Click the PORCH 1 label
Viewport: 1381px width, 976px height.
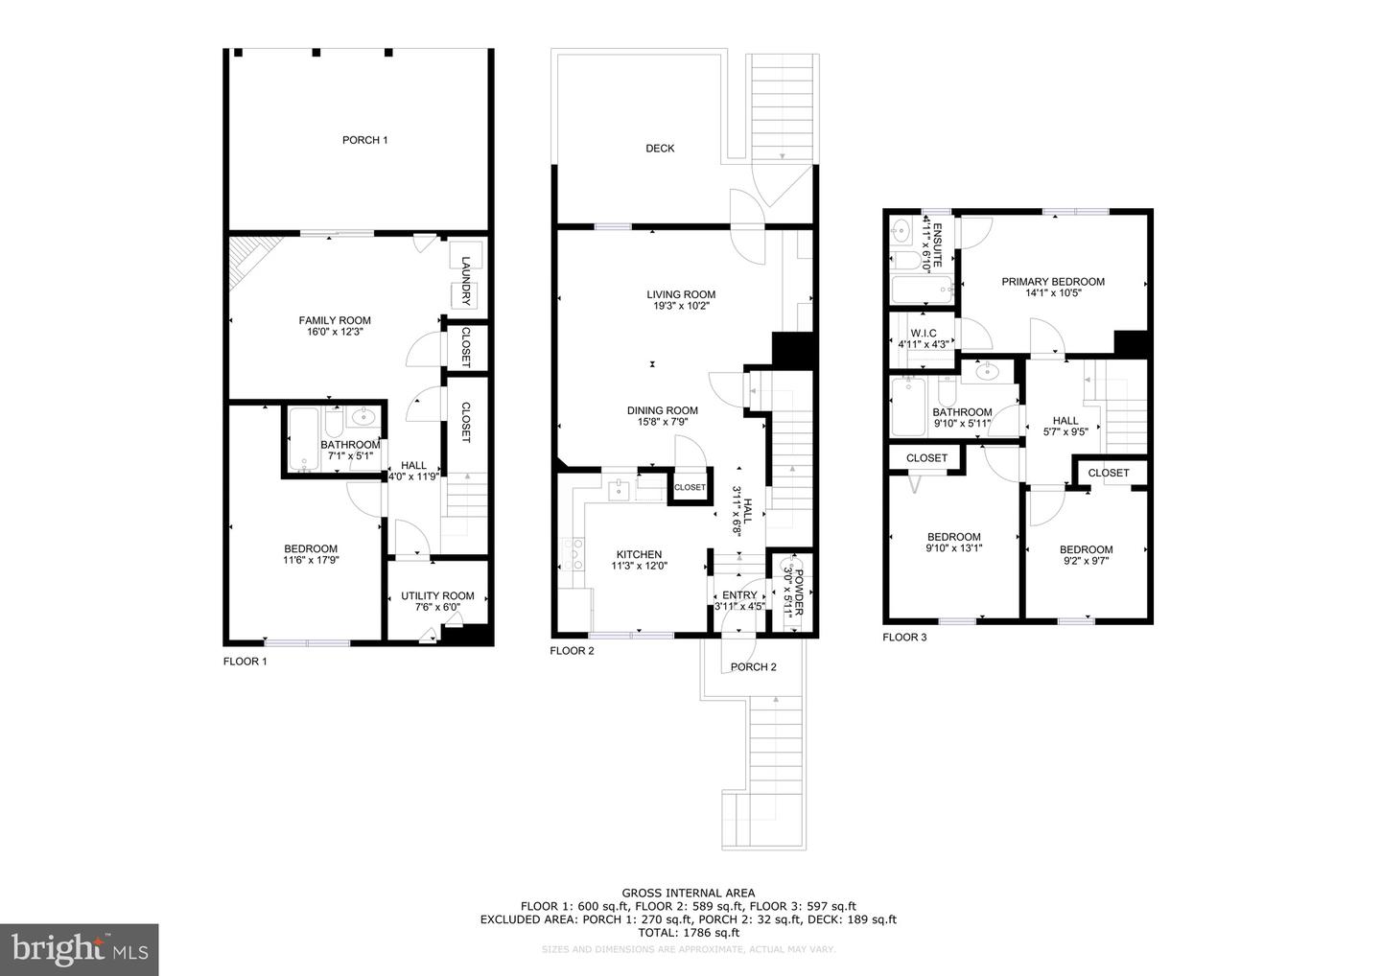[364, 140]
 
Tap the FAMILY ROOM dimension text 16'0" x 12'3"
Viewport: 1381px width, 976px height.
[334, 332]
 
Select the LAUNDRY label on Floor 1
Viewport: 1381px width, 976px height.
[466, 272]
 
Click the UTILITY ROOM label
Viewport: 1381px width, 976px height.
[437, 595]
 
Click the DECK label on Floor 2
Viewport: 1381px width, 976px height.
[659, 148]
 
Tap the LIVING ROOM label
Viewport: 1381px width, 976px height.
[680, 294]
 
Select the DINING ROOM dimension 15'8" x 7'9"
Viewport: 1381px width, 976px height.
[663, 421]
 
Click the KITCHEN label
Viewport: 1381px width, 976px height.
[639, 554]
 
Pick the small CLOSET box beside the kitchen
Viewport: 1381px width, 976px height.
[690, 487]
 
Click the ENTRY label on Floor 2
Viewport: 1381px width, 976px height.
[739, 594]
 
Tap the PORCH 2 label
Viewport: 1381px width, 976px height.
[753, 667]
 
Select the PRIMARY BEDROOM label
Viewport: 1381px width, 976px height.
[1053, 282]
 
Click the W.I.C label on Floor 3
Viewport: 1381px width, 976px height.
[924, 333]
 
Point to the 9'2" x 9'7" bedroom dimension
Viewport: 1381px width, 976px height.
[1086, 561]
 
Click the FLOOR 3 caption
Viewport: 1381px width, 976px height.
[904, 637]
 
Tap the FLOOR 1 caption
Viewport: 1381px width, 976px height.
[246, 662]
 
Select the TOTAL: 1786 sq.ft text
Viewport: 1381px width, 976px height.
[688, 932]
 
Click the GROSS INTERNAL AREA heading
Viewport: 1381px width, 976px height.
[688, 893]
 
